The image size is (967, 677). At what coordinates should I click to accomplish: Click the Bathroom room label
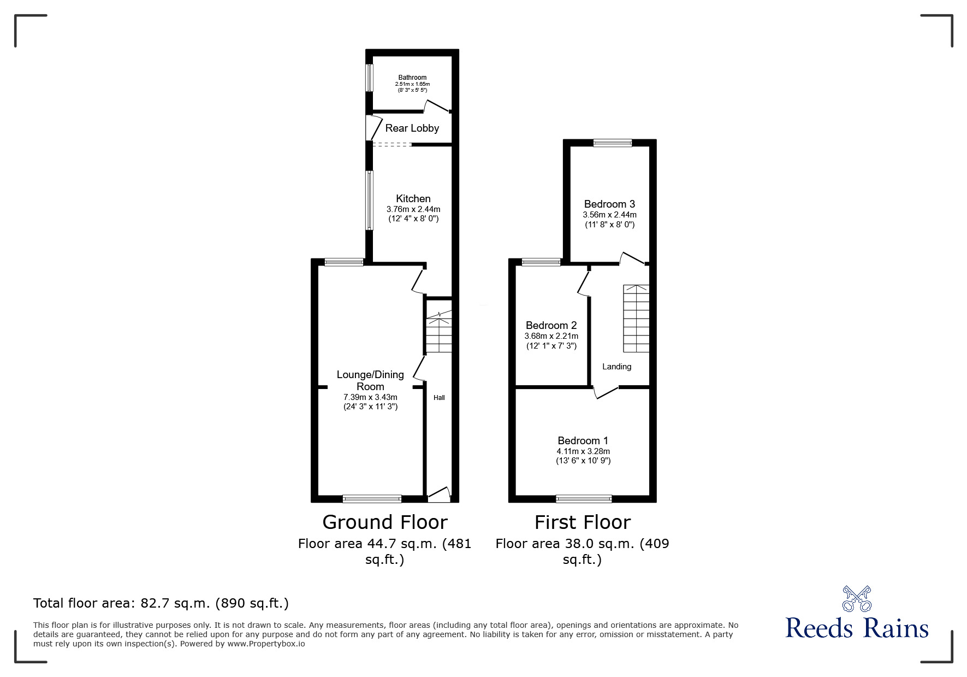(x=412, y=78)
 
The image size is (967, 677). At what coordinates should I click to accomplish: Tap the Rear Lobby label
(x=412, y=128)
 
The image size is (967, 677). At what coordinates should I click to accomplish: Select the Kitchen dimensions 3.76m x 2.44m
(x=413, y=209)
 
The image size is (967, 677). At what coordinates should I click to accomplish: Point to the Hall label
(x=439, y=398)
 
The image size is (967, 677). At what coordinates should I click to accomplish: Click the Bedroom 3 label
(x=609, y=204)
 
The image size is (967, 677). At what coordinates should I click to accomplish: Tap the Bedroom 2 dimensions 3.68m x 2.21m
(x=551, y=336)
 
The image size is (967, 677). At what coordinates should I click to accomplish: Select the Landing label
(x=616, y=367)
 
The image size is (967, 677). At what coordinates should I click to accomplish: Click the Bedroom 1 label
(x=583, y=440)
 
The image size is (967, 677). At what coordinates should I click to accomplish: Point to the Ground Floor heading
(x=385, y=522)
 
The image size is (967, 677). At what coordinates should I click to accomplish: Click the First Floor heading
(x=582, y=522)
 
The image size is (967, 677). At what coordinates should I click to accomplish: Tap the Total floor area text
(x=161, y=603)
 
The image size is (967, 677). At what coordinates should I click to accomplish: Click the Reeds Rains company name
(x=857, y=628)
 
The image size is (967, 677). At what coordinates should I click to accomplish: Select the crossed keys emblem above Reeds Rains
(x=857, y=598)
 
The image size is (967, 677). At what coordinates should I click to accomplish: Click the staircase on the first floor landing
(x=637, y=318)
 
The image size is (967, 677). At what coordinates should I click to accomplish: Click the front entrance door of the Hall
(x=439, y=495)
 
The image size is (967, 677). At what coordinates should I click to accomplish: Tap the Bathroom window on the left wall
(x=369, y=79)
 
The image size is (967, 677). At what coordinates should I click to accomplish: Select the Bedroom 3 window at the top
(x=613, y=143)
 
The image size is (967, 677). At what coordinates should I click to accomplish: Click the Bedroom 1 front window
(x=584, y=498)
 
